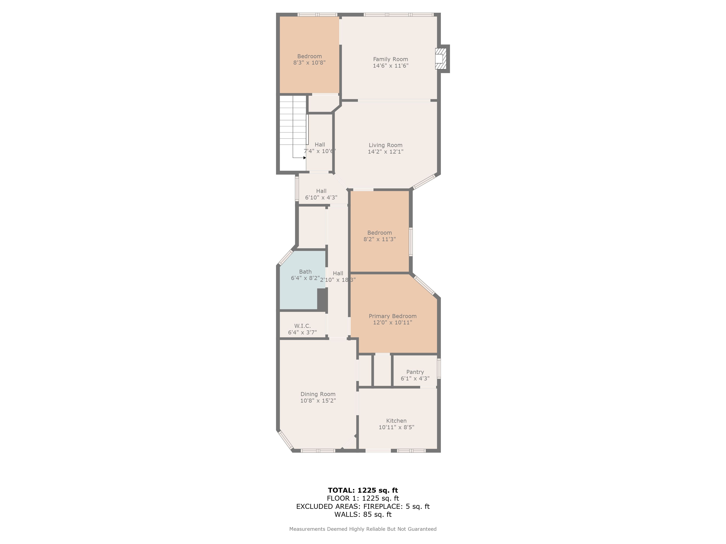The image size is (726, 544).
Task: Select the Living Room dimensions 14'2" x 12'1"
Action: pos(385,151)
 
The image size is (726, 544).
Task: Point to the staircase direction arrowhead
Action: pos(305,158)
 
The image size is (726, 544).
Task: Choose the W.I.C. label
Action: pos(302,326)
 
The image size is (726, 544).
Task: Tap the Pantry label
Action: pos(415,372)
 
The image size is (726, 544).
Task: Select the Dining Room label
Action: pos(318,394)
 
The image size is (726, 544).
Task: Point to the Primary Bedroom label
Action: pos(393,316)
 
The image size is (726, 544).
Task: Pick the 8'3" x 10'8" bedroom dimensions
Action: pos(309,63)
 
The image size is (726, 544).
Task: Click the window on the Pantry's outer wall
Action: pos(439,369)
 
